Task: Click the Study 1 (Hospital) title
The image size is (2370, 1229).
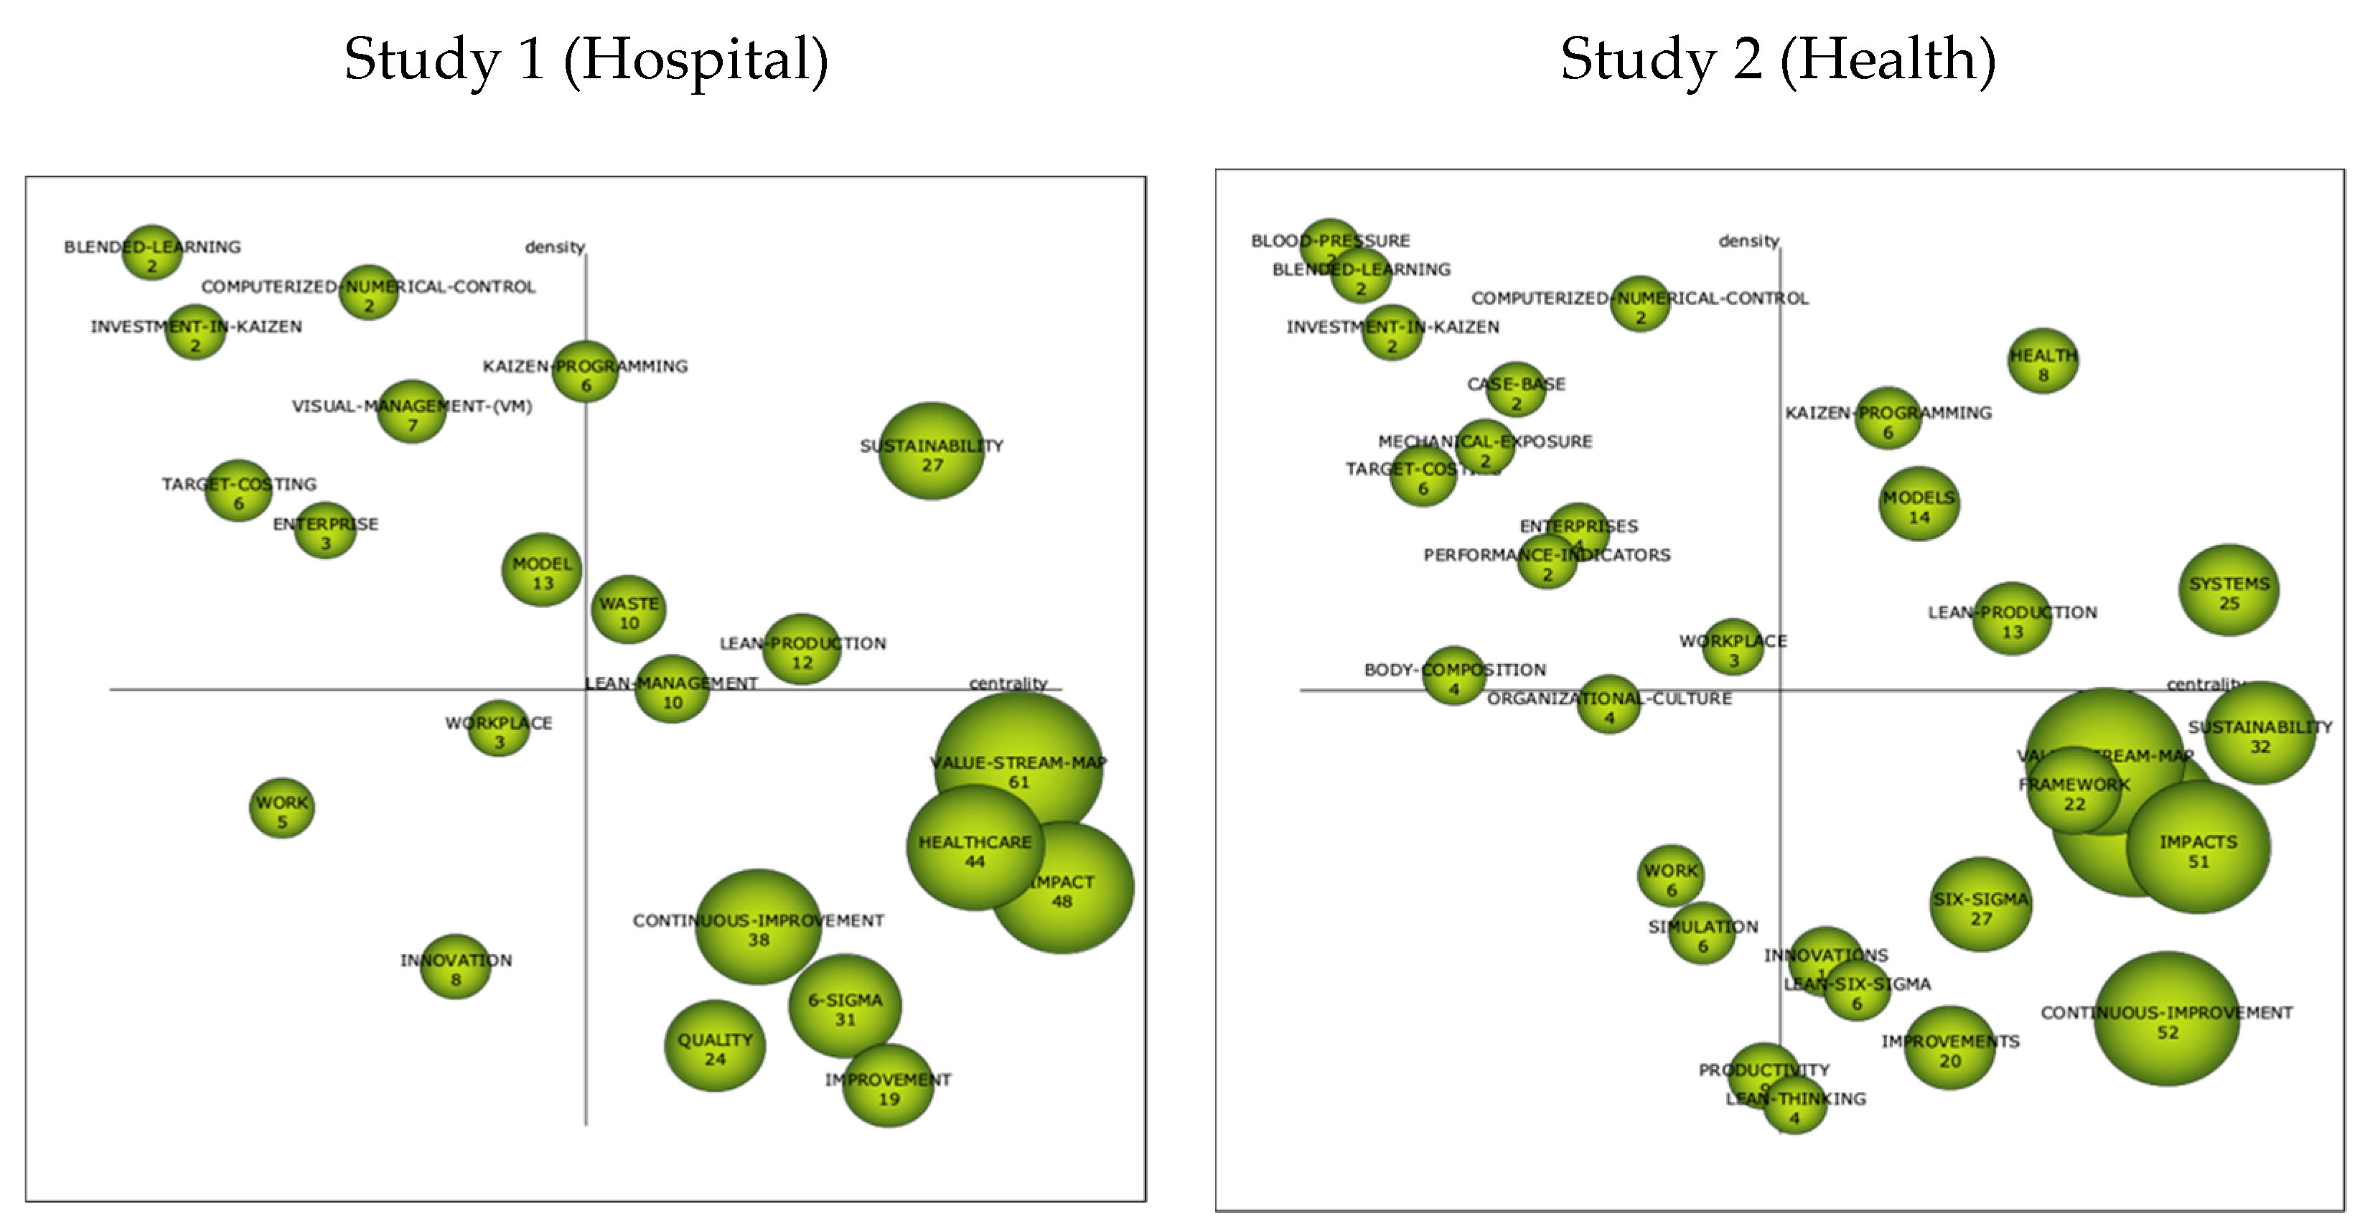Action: (586, 61)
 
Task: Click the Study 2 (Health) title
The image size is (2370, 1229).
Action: (1777, 61)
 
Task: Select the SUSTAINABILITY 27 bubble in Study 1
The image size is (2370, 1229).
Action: (931, 452)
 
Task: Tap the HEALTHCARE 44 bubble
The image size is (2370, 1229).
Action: (974, 848)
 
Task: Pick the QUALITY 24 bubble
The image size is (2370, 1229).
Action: (715, 1046)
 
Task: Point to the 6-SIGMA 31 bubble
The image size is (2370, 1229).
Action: (845, 1006)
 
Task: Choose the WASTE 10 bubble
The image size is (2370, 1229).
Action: (628, 610)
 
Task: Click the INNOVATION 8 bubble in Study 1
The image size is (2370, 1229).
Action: (456, 966)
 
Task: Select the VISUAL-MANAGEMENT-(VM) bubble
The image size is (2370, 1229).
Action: (412, 411)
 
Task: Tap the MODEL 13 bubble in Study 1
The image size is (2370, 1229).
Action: (542, 570)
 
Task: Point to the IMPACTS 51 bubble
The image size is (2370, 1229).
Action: (2198, 848)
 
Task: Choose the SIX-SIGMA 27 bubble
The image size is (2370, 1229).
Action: (1980, 905)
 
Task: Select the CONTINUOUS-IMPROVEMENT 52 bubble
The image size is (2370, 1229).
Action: (2167, 1019)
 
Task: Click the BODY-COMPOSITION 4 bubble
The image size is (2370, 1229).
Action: (1453, 676)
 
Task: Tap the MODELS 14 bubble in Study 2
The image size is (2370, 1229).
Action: (1919, 504)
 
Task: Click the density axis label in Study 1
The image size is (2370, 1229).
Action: (555, 246)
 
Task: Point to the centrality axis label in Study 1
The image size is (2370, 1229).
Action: (1008, 683)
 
